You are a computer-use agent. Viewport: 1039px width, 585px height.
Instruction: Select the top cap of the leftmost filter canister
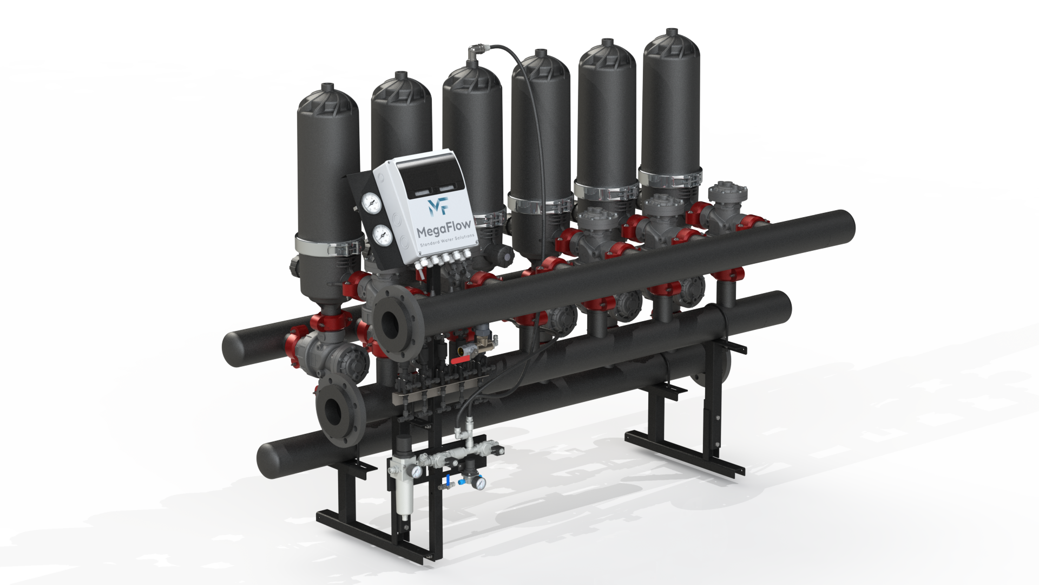click(328, 96)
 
